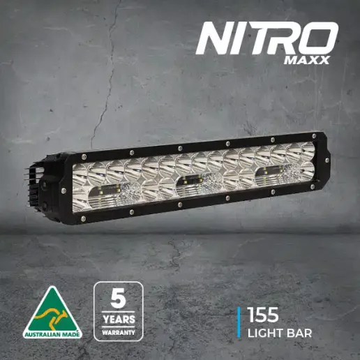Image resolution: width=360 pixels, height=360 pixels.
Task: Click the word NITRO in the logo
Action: pos(267,38)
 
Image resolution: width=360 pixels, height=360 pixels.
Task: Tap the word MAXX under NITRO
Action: pos(307,60)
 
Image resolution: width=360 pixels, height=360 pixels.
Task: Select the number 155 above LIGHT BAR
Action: pos(263,315)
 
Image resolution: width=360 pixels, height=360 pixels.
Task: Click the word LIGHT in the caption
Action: pos(264,333)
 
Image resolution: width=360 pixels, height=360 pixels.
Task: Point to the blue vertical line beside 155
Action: pos(239,322)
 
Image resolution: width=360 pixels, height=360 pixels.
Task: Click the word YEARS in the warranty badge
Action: pos(119,320)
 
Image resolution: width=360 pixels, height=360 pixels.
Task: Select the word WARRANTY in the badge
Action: pos(119,332)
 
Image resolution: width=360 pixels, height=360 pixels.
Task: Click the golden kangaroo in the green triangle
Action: pos(52,317)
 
